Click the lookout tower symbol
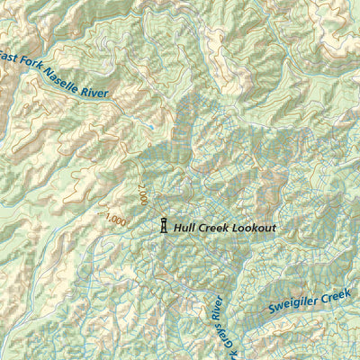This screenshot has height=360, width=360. [163, 226]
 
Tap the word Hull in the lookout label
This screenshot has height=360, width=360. [185, 228]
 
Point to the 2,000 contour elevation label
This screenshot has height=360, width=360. [142, 194]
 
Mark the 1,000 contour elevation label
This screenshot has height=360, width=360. [116, 219]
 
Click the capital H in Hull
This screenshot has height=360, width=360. [177, 228]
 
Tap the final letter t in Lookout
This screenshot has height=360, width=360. [274, 228]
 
